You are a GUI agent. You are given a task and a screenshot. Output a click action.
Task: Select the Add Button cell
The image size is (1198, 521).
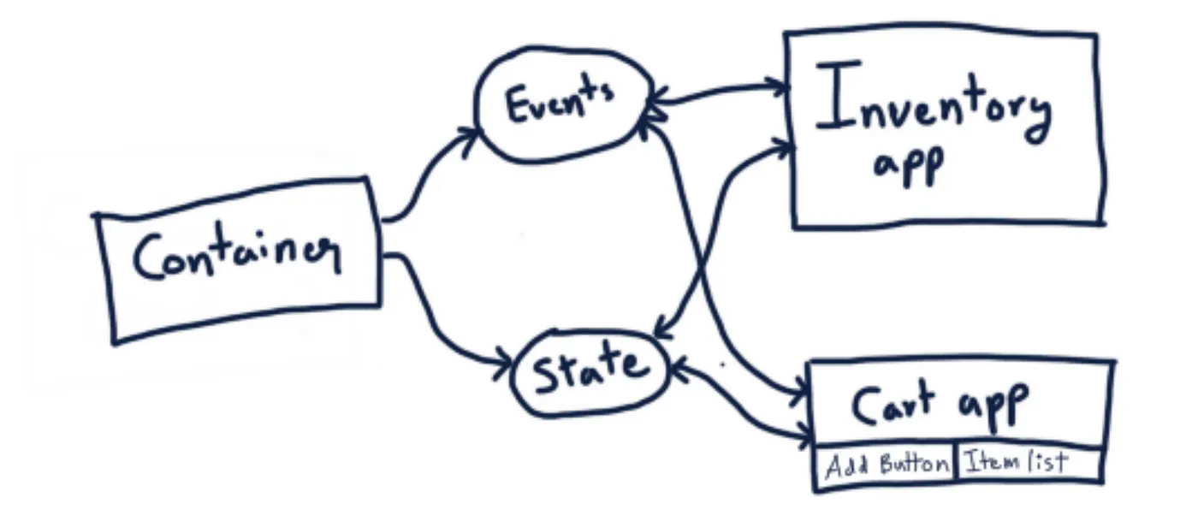[x=886, y=465]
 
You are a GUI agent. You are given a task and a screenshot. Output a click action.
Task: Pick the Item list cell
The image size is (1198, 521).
[x=1016, y=463]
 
